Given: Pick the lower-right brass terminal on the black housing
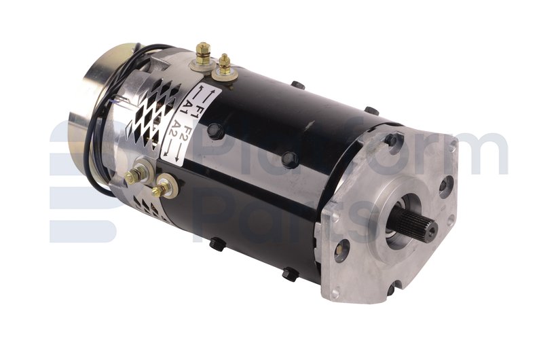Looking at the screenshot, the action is (165, 185).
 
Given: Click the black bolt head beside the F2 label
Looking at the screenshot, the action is (215, 131).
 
